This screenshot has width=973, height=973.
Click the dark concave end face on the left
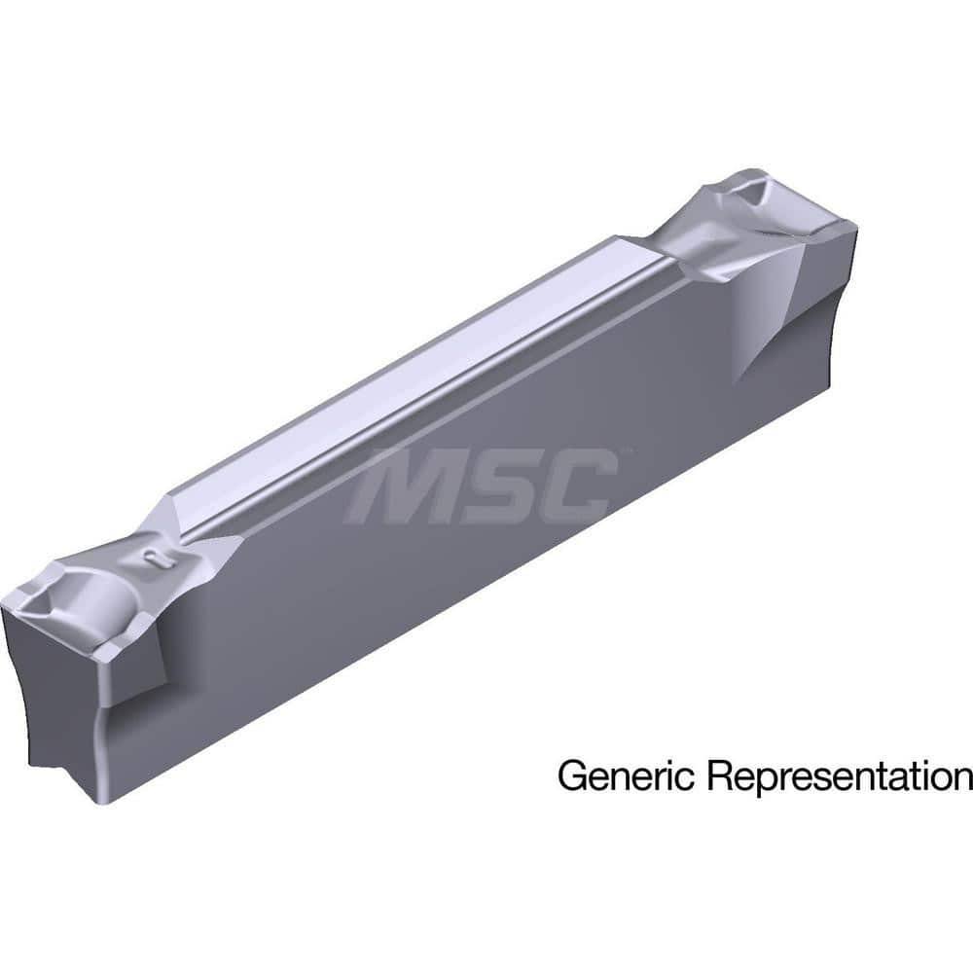pos(49,710)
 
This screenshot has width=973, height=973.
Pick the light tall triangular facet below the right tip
pos(769,311)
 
